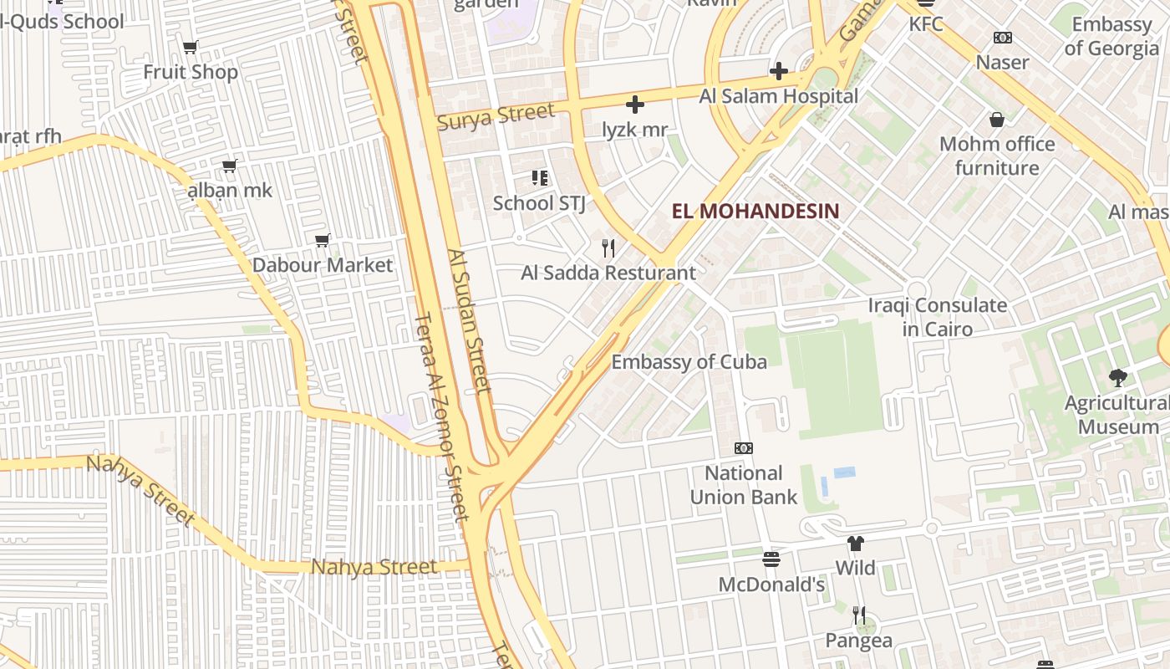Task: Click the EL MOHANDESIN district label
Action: tap(755, 211)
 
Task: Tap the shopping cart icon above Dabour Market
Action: tap(323, 241)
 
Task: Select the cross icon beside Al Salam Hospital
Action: tap(778, 71)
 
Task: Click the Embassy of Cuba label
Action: tap(689, 362)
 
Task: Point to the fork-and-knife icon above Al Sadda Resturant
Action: tap(608, 248)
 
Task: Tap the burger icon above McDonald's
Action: tap(771, 559)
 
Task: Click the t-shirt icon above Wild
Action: tap(855, 544)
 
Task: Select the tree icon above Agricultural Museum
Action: tap(1117, 378)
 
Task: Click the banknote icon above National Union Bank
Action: tap(743, 448)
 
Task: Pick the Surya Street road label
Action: tap(496, 115)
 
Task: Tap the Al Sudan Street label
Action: tap(467, 320)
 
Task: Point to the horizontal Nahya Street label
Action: tap(374, 568)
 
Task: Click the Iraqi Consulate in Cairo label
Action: tap(937, 317)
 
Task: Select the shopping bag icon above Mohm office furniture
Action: tap(996, 120)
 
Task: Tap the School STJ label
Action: tap(538, 203)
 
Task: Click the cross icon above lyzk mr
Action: tap(635, 105)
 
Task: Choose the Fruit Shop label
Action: tap(191, 72)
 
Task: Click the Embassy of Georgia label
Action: tap(1111, 36)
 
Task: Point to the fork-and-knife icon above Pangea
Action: tap(859, 615)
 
